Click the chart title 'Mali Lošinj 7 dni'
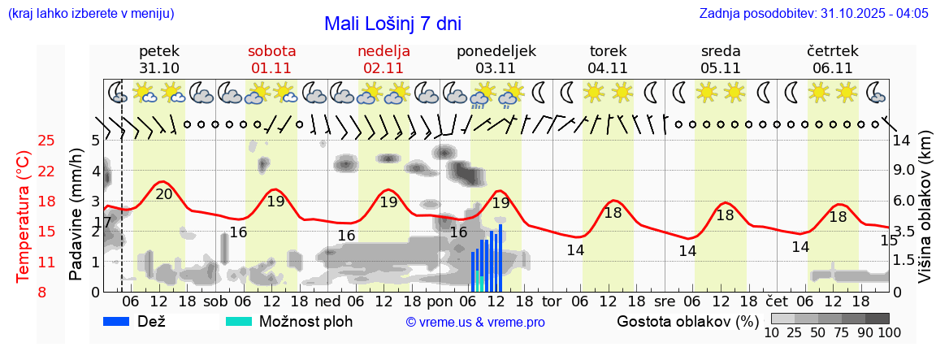point(392,24)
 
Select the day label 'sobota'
point(272,51)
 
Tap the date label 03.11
point(496,68)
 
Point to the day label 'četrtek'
point(833,51)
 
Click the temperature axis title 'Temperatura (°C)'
point(24,215)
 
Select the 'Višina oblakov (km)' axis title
point(925,215)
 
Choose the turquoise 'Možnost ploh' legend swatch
point(239,321)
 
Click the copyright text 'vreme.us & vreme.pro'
point(475,323)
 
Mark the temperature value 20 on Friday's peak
point(164,193)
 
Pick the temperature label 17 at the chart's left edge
point(102,223)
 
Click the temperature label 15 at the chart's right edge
point(889,241)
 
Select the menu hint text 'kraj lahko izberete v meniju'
point(90,14)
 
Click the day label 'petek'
point(159,51)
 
